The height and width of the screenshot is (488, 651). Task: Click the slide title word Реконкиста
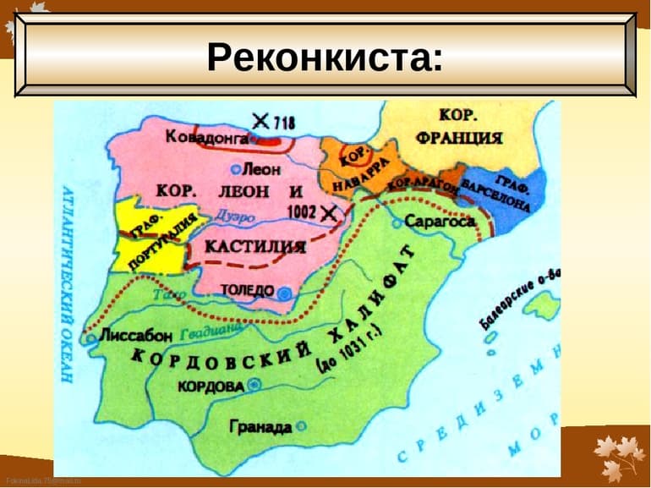324,57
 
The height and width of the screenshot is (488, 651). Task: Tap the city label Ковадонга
206,136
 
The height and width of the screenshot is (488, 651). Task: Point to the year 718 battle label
284,122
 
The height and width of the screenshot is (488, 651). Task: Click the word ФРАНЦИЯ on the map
459,137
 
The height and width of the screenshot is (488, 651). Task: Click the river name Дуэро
235,217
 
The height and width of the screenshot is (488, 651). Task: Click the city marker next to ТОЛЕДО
285,292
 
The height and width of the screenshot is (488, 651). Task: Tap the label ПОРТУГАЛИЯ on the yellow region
161,239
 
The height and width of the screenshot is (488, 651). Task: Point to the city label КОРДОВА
211,386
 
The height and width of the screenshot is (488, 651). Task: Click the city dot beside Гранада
301,427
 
